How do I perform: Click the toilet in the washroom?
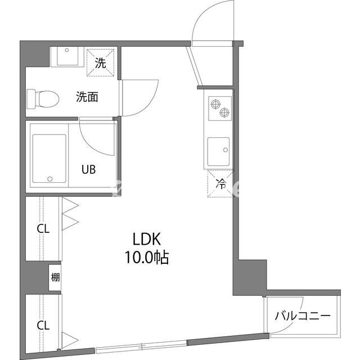[x=43, y=99]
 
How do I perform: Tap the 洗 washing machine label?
[x=101, y=62]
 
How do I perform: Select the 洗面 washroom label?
[x=87, y=97]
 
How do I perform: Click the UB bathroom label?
[x=89, y=169]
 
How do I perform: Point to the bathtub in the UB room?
[x=49, y=159]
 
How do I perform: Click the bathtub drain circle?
[x=50, y=179]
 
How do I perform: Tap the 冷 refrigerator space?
[x=220, y=184]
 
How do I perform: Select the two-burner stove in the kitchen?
[x=220, y=109]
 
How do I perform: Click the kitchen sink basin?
[x=218, y=151]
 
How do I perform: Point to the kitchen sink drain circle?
[x=226, y=150]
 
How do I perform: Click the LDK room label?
[x=147, y=239]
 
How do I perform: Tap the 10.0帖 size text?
[x=147, y=258]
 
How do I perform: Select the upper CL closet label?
[x=43, y=229]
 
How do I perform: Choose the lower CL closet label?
[x=43, y=325]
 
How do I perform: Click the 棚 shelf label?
[x=55, y=277]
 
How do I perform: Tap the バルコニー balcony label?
[x=303, y=316]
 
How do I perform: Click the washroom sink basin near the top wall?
[x=67, y=56]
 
